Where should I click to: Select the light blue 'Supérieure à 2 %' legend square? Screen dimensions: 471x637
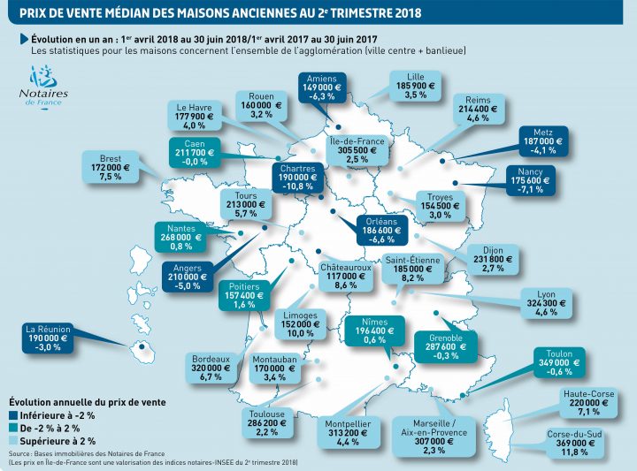click(x=12, y=439)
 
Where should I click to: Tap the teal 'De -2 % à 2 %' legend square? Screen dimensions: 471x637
click(x=12, y=427)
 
